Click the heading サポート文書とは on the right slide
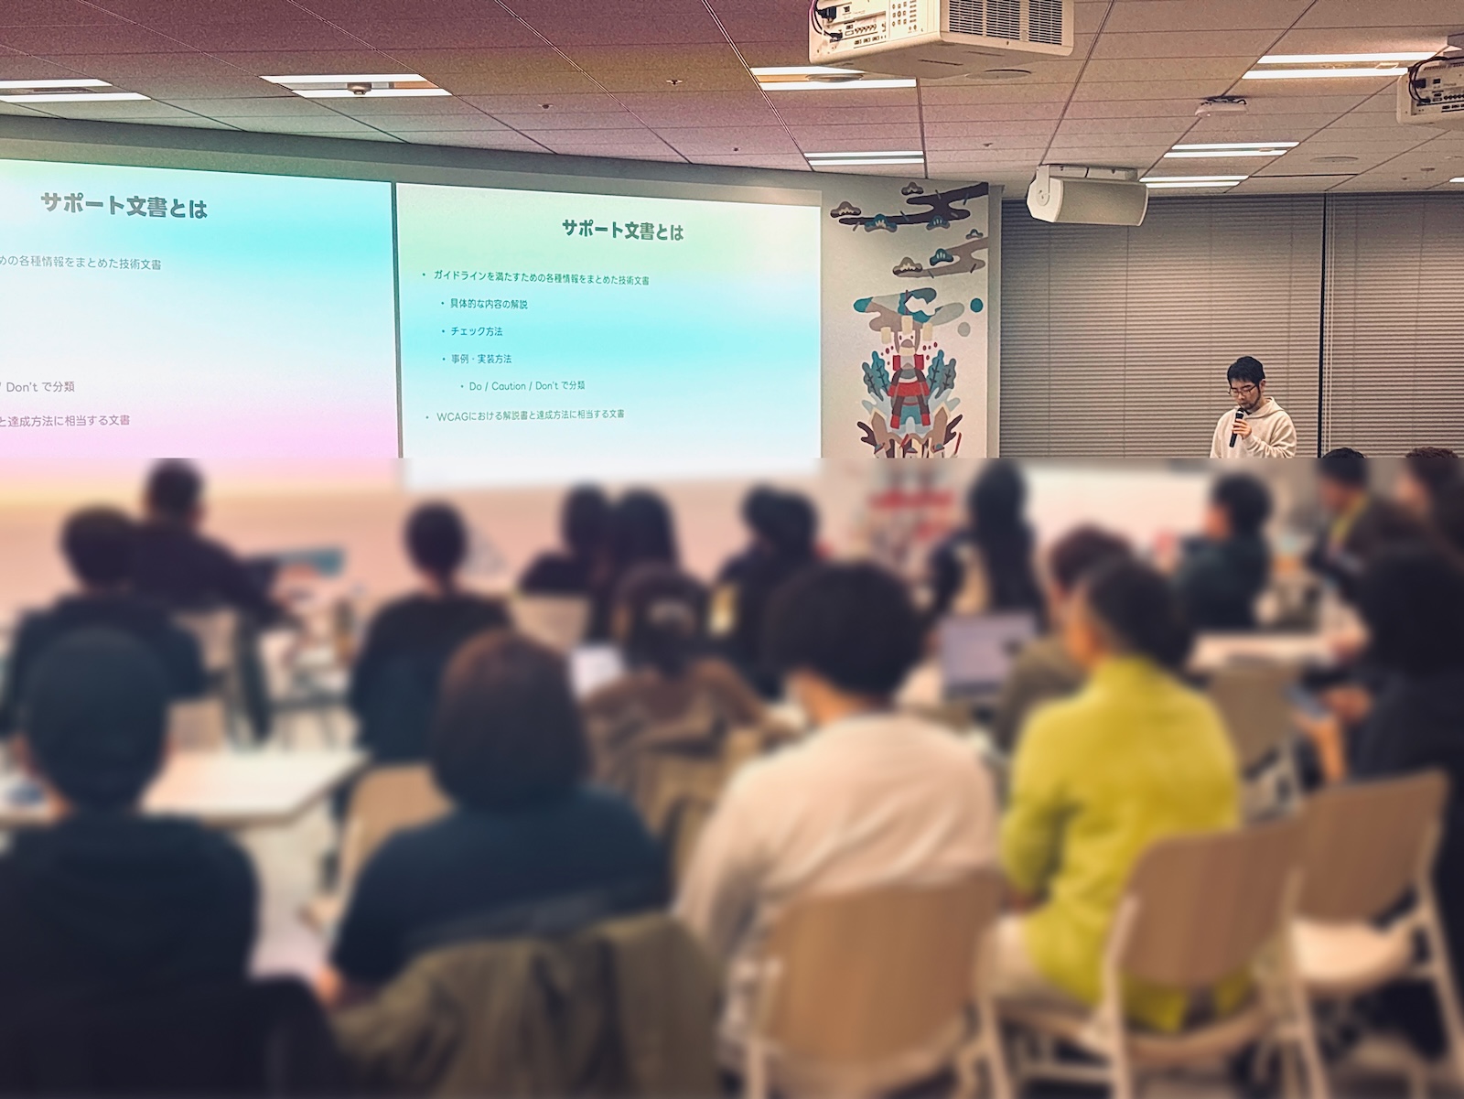pyautogui.click(x=623, y=231)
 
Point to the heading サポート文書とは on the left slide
pyautogui.click(x=124, y=206)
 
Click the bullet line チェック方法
pyautogui.click(x=476, y=331)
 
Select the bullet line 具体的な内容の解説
pyautogui.click(x=489, y=304)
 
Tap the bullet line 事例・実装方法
pyautogui.click(x=480, y=359)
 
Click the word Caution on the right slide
pyautogui.click(x=509, y=386)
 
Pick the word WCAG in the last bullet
pyautogui.click(x=452, y=415)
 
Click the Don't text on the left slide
pyautogui.click(x=22, y=387)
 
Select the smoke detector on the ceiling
pyautogui.click(x=357, y=89)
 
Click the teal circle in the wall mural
pyautogui.click(x=975, y=305)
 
